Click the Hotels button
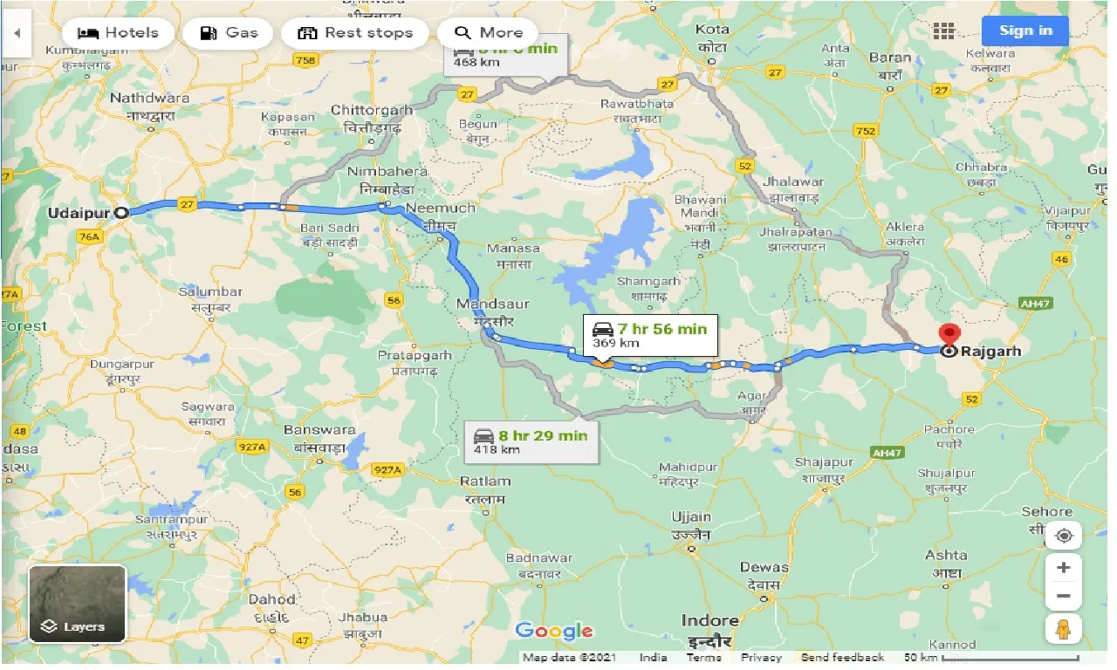coord(119,33)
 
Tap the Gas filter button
coord(228,33)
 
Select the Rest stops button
coord(355,33)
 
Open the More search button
coord(489,33)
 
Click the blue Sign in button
coord(1025,31)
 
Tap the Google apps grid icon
coord(943,31)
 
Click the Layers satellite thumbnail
coord(78,604)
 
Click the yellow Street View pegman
coord(1063,628)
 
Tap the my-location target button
coord(1063,536)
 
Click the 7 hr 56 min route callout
coord(650,334)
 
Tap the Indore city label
coord(709,621)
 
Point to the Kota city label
coord(712,30)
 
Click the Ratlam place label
coord(486,482)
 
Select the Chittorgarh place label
coord(372,111)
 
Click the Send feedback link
coord(841,658)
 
